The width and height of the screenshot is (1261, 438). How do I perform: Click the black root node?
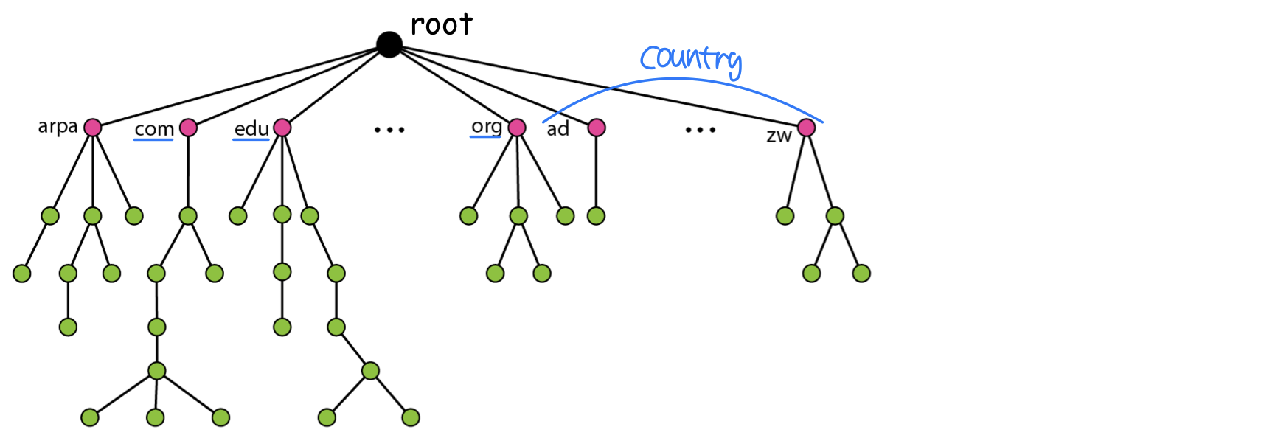(389, 44)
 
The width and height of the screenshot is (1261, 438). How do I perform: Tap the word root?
(441, 25)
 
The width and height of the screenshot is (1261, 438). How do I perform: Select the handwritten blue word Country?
(690, 59)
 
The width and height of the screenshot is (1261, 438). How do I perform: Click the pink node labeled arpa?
(92, 128)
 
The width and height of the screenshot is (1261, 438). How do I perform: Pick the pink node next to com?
(188, 128)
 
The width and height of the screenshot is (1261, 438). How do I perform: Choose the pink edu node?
(282, 128)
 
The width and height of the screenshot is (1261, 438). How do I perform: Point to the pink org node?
(517, 128)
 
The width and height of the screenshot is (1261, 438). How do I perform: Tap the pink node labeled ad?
(597, 128)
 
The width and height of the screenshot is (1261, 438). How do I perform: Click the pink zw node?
(807, 128)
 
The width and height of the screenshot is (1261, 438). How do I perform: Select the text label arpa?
(58, 126)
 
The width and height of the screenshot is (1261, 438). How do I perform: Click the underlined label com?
(154, 129)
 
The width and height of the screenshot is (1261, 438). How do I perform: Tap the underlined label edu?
(251, 128)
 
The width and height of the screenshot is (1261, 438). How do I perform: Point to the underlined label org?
(487, 126)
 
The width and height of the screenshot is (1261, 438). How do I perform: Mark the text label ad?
(558, 129)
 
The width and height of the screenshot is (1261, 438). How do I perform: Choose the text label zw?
(779, 136)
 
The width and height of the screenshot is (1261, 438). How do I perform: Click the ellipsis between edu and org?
(389, 130)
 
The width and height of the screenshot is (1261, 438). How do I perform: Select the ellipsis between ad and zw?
(700, 130)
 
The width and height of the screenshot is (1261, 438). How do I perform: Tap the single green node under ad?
(596, 216)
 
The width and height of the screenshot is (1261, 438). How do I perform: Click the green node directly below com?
(188, 216)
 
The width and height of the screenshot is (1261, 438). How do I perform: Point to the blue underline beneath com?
(153, 139)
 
